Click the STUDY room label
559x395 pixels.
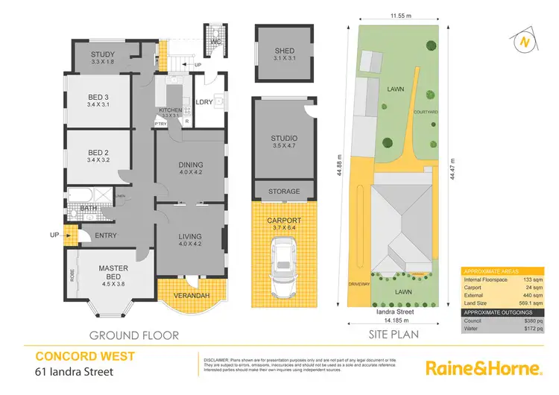point(103,54)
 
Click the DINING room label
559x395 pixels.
point(189,169)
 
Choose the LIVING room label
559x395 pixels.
point(190,236)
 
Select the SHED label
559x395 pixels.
point(284,51)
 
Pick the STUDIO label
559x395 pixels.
point(284,138)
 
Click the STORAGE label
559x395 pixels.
point(284,192)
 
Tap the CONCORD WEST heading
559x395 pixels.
point(80,355)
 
